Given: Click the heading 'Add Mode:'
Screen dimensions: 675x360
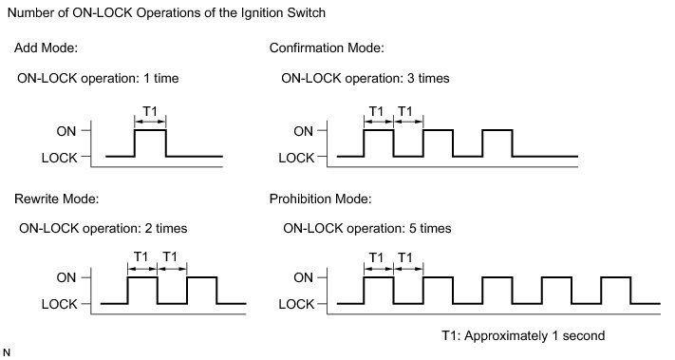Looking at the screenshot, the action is [x=47, y=47].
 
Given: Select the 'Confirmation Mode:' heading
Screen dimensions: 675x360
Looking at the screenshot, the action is [x=327, y=47].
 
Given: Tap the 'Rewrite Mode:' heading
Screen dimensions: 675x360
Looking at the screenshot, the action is [x=56, y=199].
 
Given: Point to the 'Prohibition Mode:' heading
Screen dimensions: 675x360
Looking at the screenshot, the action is [x=320, y=199].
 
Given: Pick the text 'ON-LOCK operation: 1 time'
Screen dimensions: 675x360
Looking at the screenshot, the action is [x=98, y=79].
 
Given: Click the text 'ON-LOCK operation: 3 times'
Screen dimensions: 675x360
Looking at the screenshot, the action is [x=366, y=79].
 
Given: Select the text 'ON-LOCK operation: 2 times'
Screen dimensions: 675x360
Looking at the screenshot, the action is [x=103, y=228].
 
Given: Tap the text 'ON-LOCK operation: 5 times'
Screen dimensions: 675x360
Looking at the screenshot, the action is [x=367, y=228].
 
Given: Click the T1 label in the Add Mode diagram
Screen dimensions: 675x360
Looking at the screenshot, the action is [x=150, y=111].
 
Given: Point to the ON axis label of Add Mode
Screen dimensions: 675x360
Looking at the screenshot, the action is [x=66, y=131].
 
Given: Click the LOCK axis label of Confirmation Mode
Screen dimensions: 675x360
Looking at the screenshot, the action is [x=296, y=158].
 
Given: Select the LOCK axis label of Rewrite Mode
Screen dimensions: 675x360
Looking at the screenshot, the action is [x=60, y=305].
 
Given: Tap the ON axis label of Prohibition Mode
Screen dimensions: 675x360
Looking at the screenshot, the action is [x=303, y=277].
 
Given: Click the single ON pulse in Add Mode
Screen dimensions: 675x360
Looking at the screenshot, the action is [x=150, y=130].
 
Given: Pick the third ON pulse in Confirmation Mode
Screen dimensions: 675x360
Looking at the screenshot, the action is [x=497, y=130].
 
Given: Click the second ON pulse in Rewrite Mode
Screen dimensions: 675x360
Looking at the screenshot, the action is [x=202, y=277].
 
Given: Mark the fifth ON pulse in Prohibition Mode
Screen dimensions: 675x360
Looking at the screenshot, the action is [x=616, y=277].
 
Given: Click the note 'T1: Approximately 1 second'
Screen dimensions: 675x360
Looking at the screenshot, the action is [x=523, y=335].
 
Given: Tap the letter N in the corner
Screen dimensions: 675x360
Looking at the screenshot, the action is [x=6, y=352].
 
